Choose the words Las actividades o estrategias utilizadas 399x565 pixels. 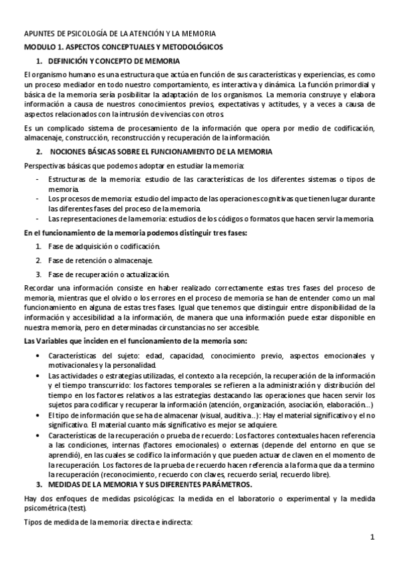106,376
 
